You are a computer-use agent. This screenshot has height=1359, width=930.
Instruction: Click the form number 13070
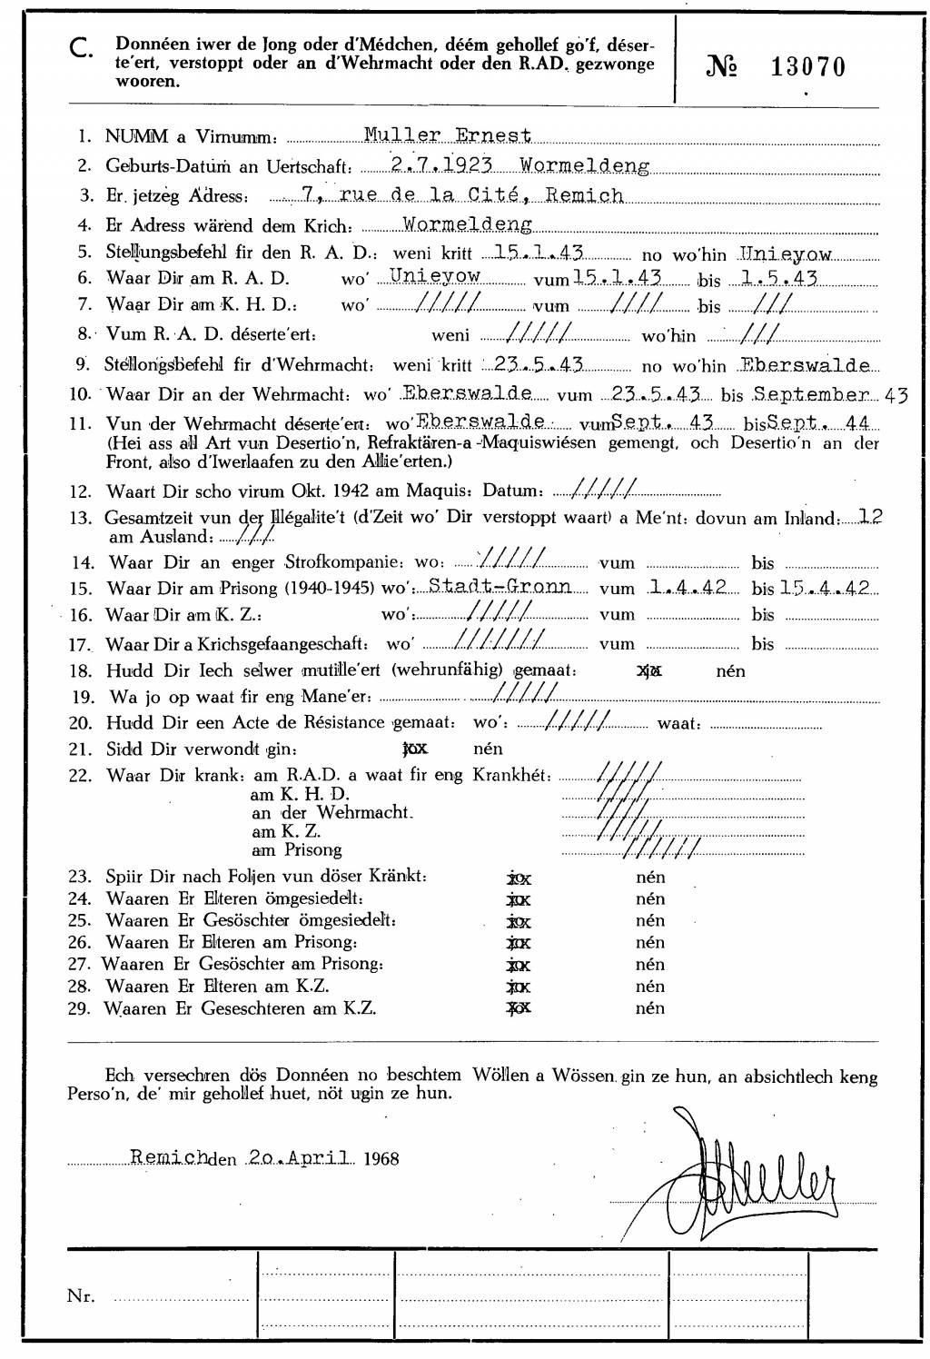pos(808,66)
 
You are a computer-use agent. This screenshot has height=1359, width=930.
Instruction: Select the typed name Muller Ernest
pos(447,136)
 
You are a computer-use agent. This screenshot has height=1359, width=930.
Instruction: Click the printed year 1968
pos(381,1158)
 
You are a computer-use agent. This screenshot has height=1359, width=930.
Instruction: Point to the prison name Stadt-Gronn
pos(500,587)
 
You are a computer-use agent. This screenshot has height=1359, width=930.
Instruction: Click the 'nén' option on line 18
pos(730,671)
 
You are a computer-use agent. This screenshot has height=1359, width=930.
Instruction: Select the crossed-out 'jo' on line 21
pos(414,749)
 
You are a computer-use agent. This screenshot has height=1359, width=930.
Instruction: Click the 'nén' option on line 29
pos(650,1008)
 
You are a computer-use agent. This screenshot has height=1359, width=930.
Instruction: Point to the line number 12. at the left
pos(81,491)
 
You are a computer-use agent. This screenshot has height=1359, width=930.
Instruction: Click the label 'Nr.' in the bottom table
pos(81,1296)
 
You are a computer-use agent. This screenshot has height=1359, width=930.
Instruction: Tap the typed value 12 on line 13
pos(871,517)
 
